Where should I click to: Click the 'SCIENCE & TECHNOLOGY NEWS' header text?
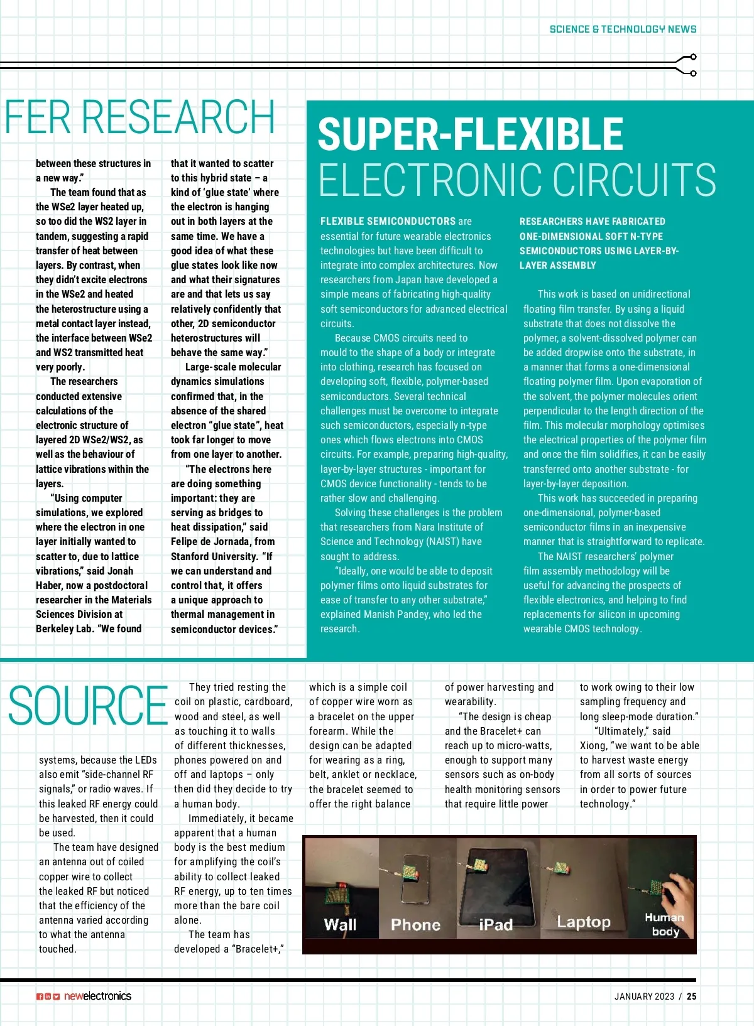[x=623, y=29]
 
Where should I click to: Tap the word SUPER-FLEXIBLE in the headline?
[x=470, y=134]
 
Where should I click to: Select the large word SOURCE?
[x=88, y=706]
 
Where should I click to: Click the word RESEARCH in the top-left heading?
[x=178, y=117]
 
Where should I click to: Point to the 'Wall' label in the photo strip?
[x=340, y=924]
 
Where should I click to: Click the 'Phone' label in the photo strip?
[x=415, y=924]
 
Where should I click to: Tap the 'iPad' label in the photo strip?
[x=496, y=924]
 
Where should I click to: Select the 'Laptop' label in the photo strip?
[x=584, y=922]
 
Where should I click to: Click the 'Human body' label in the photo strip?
[x=664, y=924]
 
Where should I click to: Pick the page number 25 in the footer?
[x=691, y=996]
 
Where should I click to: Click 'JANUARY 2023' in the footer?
[x=644, y=996]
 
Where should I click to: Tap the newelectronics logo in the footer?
[x=97, y=996]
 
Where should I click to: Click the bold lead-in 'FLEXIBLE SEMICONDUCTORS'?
[x=388, y=222]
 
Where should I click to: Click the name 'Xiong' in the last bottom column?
[x=593, y=746]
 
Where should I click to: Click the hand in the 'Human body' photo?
[x=679, y=892]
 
